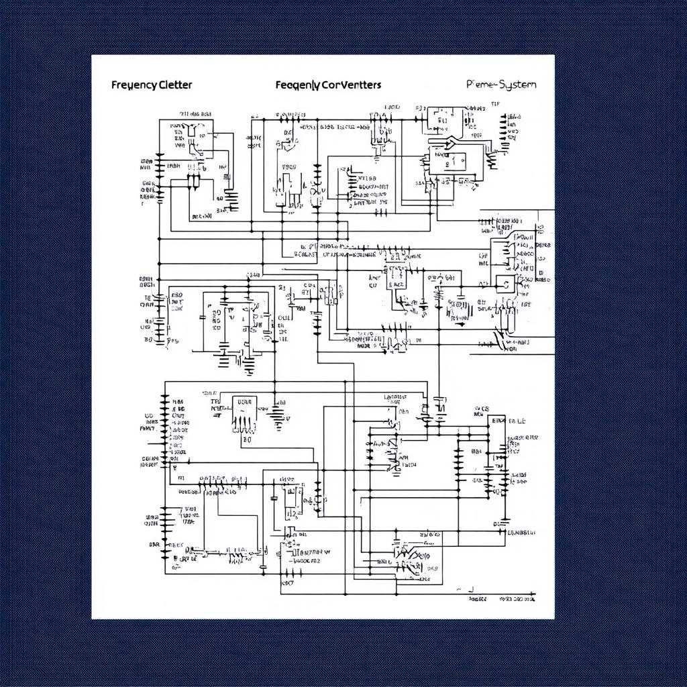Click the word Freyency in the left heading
(134, 85)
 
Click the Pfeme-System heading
(501, 85)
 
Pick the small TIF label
(495, 105)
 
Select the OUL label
(284, 318)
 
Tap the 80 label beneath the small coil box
(246, 441)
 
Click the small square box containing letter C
(505, 284)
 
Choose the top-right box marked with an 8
(443, 121)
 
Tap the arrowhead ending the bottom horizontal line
(533, 594)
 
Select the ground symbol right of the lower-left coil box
(277, 417)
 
